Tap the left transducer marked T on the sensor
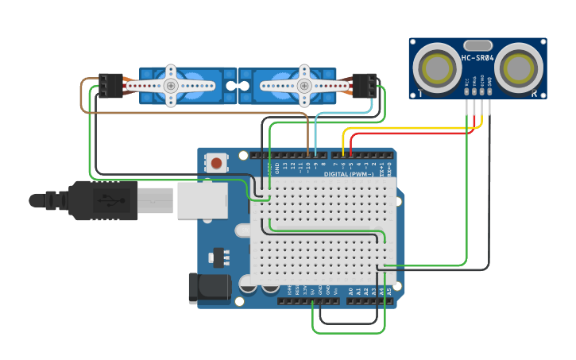(x=437, y=68)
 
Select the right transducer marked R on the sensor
(x=520, y=68)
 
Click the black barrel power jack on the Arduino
(x=208, y=288)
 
